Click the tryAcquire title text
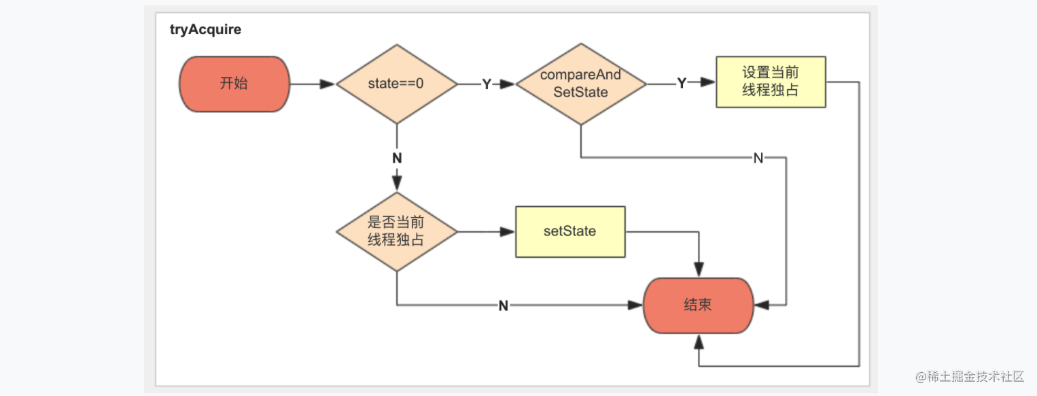(205, 30)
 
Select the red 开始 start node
(234, 84)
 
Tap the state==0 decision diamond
(397, 84)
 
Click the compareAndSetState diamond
(581, 84)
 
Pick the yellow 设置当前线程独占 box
(771, 82)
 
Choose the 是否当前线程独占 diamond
(397, 231)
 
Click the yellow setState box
(570, 231)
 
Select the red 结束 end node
(699, 305)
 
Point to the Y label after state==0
(487, 84)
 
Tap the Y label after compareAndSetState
(682, 83)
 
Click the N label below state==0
(397, 158)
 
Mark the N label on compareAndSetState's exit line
(758, 158)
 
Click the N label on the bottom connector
(504, 306)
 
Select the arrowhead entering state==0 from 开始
(328, 84)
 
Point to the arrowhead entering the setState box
(508, 231)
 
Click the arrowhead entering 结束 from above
(699, 269)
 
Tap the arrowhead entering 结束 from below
(699, 342)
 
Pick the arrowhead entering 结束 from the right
(762, 305)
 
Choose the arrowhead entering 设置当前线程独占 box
(708, 82)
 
